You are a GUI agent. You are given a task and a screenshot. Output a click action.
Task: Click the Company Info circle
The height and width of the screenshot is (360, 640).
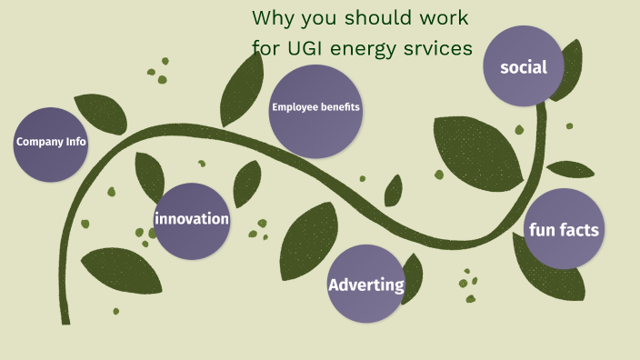tap(51, 144)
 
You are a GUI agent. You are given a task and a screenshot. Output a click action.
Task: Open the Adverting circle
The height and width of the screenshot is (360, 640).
tap(365, 284)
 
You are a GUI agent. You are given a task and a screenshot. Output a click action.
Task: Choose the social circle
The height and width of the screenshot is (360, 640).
tap(523, 65)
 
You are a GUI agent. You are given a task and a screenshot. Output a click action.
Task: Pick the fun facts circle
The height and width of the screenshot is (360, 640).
tap(564, 228)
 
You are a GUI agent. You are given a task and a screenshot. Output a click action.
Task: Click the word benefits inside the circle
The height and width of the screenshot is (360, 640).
tap(339, 107)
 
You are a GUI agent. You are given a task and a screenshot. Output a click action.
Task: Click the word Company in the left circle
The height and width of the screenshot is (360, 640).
tap(36, 142)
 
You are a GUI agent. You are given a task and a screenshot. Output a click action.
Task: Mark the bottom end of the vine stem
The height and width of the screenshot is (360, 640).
tap(65, 320)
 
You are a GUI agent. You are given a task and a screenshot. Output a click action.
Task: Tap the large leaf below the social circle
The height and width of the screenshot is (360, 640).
tap(473, 145)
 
